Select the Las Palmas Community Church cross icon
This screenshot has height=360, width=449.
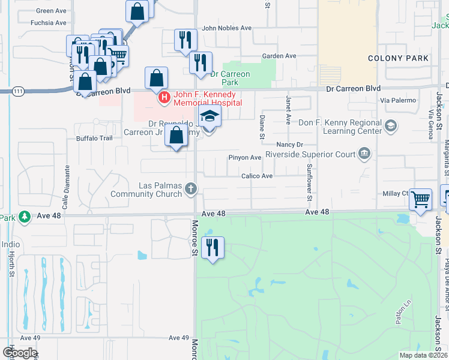[191, 190]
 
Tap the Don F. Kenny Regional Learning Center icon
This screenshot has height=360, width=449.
[391, 125]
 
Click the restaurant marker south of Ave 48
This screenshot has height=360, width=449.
[211, 247]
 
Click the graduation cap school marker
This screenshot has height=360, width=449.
[209, 116]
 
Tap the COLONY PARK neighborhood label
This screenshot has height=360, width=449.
[399, 58]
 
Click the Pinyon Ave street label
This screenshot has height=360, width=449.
[244, 158]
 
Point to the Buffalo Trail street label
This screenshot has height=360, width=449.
[94, 138]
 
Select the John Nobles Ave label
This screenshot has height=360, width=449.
[226, 28]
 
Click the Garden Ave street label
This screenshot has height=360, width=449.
[279, 56]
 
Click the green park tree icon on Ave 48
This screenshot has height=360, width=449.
[25, 217]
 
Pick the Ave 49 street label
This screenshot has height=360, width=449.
[179, 338]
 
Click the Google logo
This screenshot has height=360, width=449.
[20, 353]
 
